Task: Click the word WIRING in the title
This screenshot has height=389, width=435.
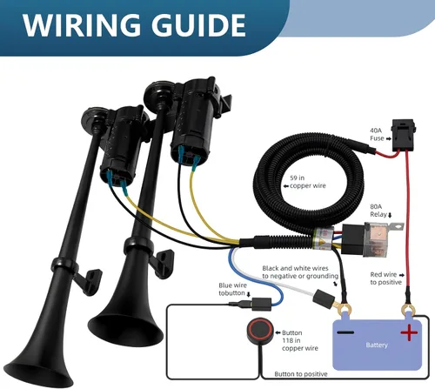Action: pyautogui.click(x=81, y=25)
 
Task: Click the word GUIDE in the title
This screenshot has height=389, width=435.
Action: pyautogui.click(x=198, y=25)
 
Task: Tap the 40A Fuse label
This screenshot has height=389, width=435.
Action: pyautogui.click(x=378, y=135)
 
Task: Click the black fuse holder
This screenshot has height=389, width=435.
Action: pyautogui.click(x=404, y=135)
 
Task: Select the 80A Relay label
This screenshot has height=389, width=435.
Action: pyautogui.click(x=378, y=211)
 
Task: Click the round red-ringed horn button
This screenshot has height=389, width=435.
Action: pyautogui.click(x=260, y=331)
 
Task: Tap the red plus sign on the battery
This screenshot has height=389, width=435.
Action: pyautogui.click(x=409, y=332)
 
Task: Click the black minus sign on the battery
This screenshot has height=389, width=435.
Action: pyautogui.click(x=345, y=332)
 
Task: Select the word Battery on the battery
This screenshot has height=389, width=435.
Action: pyautogui.click(x=377, y=345)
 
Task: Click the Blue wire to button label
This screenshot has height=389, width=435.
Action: pyautogui.click(x=232, y=289)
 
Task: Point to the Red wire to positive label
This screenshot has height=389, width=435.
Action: pyautogui.click(x=386, y=278)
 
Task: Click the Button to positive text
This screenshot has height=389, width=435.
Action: pyautogui.click(x=301, y=374)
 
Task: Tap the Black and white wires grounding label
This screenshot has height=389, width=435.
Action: pyautogui.click(x=300, y=272)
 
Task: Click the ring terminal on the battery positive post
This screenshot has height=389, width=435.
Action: pyautogui.click(x=408, y=310)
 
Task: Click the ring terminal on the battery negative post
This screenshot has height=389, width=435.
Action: pyautogui.click(x=345, y=310)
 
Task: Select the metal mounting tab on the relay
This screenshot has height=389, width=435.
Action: pyautogui.click(x=396, y=226)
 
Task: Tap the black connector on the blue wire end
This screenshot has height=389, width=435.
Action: pyautogui.click(x=261, y=305)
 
